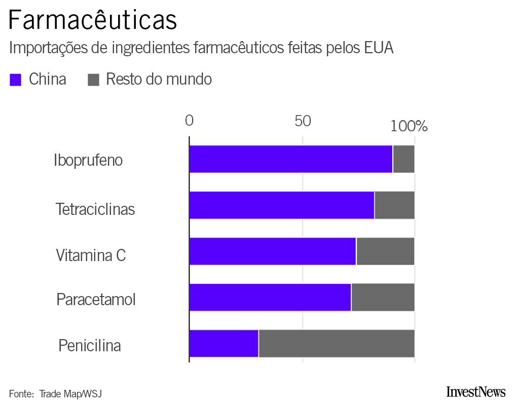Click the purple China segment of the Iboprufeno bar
290,159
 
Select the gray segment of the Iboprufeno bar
403,159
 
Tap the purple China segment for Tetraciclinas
281,205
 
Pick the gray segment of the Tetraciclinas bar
394,205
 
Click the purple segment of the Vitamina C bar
272,251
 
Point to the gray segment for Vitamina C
385,251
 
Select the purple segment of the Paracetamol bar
270,298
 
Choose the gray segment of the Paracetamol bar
383,298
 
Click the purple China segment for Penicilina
224,344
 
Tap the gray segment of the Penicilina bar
337,344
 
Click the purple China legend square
16,80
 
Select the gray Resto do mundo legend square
93,80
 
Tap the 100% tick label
410,126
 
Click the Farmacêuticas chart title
93,20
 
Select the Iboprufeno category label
88,160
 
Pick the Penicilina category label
90,346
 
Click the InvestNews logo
475,392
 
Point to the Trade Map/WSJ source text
70,394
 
